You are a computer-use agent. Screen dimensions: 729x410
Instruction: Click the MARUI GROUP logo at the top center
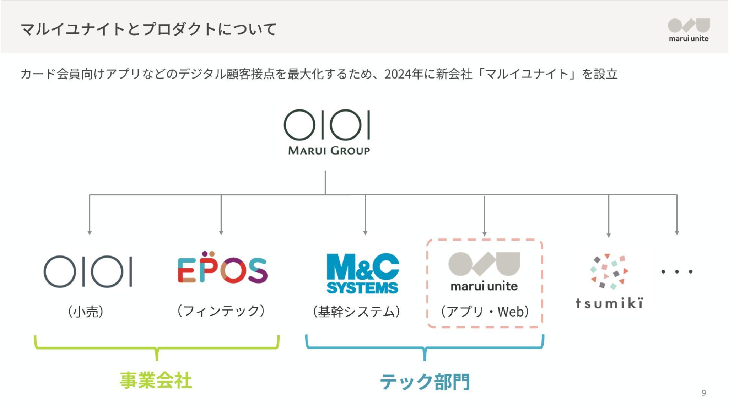click(327, 132)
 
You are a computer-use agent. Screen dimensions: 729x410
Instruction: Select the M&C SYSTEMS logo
click(363, 273)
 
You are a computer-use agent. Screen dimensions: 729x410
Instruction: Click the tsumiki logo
click(609, 281)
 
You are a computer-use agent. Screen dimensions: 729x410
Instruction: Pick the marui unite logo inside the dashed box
click(484, 272)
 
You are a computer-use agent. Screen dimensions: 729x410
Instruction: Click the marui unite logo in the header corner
click(689, 30)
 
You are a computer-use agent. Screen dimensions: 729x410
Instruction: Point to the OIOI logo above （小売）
click(88, 271)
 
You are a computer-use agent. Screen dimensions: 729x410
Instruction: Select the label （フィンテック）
click(221, 311)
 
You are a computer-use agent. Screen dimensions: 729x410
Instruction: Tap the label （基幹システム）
click(357, 312)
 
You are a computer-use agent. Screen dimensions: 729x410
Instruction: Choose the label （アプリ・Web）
click(485, 312)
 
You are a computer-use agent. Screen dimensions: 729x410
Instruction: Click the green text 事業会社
click(156, 380)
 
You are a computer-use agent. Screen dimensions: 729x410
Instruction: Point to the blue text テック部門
click(425, 382)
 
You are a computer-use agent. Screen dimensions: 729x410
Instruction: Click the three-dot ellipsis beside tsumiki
click(677, 272)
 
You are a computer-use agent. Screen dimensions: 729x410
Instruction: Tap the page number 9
click(704, 393)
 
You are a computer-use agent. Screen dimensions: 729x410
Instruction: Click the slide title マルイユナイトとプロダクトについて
click(149, 29)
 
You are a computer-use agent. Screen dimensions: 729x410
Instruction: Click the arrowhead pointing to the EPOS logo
click(221, 233)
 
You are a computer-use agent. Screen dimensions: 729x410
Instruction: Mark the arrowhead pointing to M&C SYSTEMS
click(365, 233)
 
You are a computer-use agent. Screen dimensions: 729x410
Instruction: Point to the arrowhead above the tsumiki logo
click(609, 235)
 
